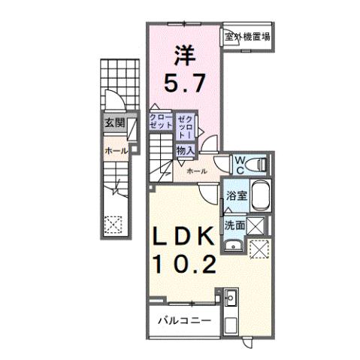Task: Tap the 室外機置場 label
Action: click(247, 35)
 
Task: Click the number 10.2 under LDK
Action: click(186, 262)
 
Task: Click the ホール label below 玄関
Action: click(114, 150)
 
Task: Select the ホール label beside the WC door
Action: click(195, 171)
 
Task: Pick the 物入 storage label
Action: click(186, 150)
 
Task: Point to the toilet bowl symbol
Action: click(257, 163)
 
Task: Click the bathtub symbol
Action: click(260, 196)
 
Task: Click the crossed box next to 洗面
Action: click(256, 224)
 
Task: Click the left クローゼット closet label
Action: click(160, 123)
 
